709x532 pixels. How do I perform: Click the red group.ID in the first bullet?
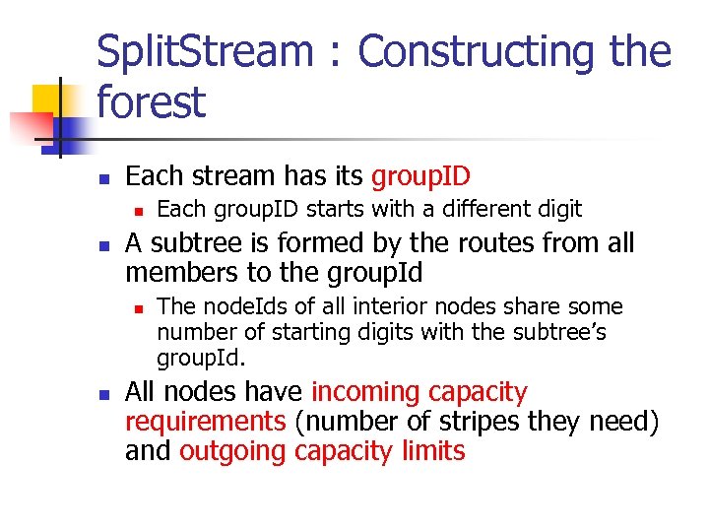point(420,177)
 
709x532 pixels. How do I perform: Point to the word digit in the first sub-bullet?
point(557,209)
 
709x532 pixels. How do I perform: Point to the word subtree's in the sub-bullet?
point(559,332)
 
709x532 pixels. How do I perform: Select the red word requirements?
point(205,422)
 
